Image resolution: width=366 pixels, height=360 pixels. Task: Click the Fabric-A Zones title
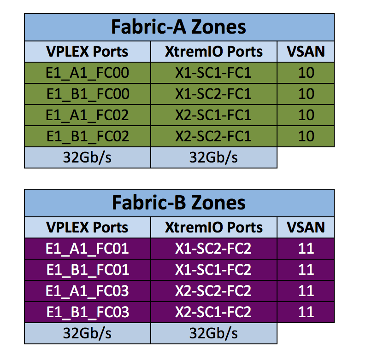coord(179,27)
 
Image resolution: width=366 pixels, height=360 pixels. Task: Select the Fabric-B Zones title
coord(179,203)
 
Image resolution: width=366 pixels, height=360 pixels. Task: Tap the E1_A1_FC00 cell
coord(88,73)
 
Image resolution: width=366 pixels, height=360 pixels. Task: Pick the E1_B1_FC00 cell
coord(88,94)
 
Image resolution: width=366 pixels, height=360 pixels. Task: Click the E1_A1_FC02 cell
coord(88,115)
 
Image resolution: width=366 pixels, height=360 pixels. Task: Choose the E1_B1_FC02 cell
coord(88,136)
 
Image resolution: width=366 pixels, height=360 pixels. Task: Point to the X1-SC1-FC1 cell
coord(213,73)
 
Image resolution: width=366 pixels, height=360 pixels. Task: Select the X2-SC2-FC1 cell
coord(213,136)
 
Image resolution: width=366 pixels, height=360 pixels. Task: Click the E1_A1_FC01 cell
coord(88,249)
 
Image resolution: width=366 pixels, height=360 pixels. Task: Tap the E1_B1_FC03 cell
coord(88,312)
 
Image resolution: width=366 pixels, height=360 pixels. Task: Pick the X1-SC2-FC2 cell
coord(213,249)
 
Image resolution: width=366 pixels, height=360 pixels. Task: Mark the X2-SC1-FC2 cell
coord(213,312)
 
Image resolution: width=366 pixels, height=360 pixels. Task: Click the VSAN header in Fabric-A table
coord(306,52)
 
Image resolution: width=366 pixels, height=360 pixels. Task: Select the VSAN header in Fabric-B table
coord(306,227)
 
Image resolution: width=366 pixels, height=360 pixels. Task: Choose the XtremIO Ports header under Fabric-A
coord(213,52)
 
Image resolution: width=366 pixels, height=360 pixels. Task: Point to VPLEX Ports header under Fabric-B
coord(88,227)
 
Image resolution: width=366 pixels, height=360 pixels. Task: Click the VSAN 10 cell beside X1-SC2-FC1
coord(306,94)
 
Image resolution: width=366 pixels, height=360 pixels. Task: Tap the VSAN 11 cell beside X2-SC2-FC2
coord(306,291)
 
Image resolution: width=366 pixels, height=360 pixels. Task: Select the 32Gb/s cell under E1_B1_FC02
coord(88,157)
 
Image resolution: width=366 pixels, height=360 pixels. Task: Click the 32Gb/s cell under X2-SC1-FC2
coord(213,333)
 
